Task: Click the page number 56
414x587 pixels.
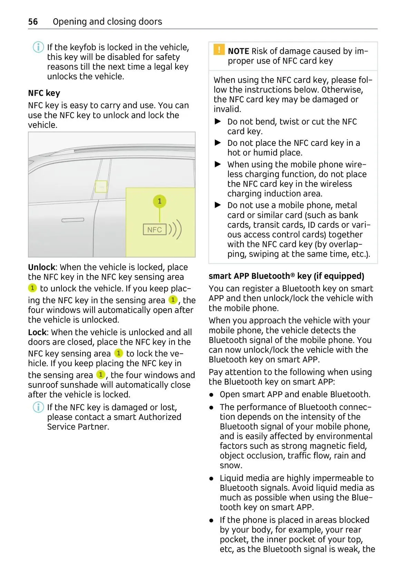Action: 33,22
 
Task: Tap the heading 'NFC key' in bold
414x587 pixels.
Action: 44,93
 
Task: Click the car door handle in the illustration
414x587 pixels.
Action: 73,220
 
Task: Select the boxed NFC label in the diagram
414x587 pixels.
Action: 155,230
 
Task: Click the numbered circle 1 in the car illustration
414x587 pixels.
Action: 159,201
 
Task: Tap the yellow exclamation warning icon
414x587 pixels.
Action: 219,50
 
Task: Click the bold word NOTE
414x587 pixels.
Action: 238,51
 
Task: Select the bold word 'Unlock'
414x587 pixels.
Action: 41,267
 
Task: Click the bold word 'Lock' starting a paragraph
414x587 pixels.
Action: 37,332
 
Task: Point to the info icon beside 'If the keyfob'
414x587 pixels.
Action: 38,47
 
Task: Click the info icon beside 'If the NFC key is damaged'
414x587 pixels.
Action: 38,407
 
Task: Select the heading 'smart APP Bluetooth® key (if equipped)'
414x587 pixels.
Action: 286,276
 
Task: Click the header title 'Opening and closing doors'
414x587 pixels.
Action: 107,22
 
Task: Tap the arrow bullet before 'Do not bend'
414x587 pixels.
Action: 218,121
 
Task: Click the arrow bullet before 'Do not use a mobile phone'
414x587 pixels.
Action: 218,205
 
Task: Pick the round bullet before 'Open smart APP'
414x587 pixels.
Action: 211,395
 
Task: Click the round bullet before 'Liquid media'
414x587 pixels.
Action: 211,478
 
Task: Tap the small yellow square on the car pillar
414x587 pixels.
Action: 101,186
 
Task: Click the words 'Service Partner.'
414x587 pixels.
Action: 78,427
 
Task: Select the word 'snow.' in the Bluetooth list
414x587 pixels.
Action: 231,465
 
